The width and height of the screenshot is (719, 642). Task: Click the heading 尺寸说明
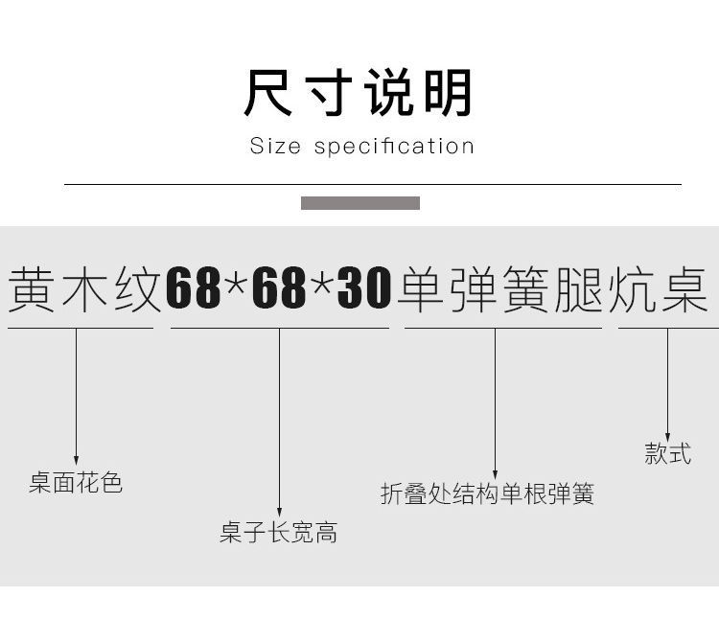[359, 94]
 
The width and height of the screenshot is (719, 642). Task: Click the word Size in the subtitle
[275, 147]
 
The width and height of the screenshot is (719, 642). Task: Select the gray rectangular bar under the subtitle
[359, 203]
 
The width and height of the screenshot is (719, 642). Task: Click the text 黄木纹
[84, 287]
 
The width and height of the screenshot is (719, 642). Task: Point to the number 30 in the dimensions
[364, 287]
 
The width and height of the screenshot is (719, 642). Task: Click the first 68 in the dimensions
[194, 287]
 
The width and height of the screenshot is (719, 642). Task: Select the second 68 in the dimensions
[279, 287]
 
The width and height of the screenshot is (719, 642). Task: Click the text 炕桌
[659, 287]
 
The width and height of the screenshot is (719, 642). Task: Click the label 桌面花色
[76, 483]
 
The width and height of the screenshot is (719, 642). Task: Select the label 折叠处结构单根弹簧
[487, 494]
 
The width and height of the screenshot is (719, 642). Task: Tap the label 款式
[668, 453]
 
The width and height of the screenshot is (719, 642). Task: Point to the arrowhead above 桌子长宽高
[279, 512]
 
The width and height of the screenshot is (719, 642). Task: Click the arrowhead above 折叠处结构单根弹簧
[495, 472]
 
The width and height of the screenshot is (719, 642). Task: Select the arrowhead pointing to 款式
[668, 435]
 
